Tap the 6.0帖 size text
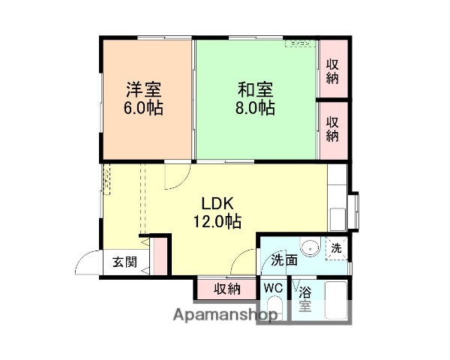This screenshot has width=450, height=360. click(144, 108)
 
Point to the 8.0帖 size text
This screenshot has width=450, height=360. click(256, 108)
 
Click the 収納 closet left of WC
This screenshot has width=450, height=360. click(226, 288)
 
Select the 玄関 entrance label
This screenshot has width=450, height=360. click(124, 262)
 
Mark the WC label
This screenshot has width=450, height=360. click(272, 288)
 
